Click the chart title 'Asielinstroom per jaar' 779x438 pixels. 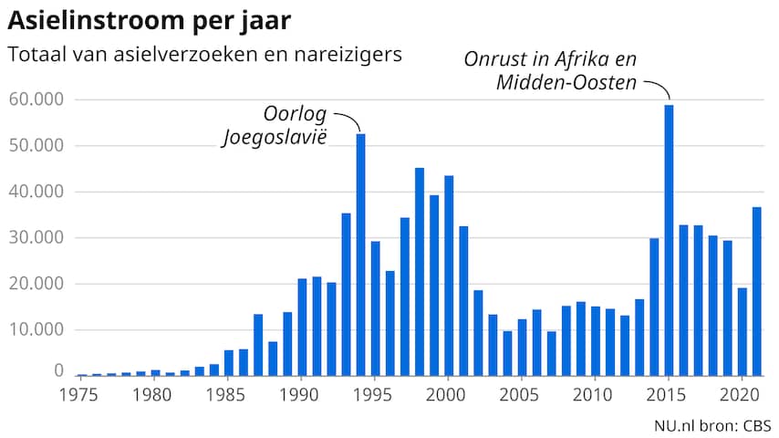coord(151,19)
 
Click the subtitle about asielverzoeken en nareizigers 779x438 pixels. coord(205,54)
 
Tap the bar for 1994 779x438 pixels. coord(360,255)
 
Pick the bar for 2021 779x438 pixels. coord(757,291)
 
